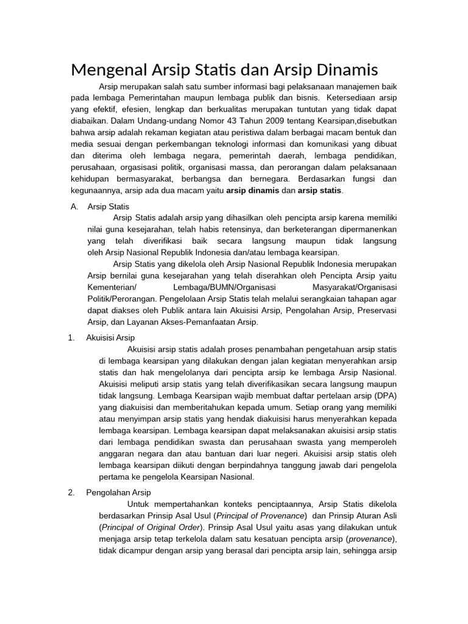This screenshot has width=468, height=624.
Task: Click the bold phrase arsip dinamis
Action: [x=252, y=191]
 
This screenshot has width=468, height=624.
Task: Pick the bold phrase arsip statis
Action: [x=319, y=191]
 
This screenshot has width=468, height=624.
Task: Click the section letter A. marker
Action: [x=75, y=207]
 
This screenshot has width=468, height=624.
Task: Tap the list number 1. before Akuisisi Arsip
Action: [x=71, y=337]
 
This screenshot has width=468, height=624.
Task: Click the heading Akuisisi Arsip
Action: [x=111, y=337]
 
